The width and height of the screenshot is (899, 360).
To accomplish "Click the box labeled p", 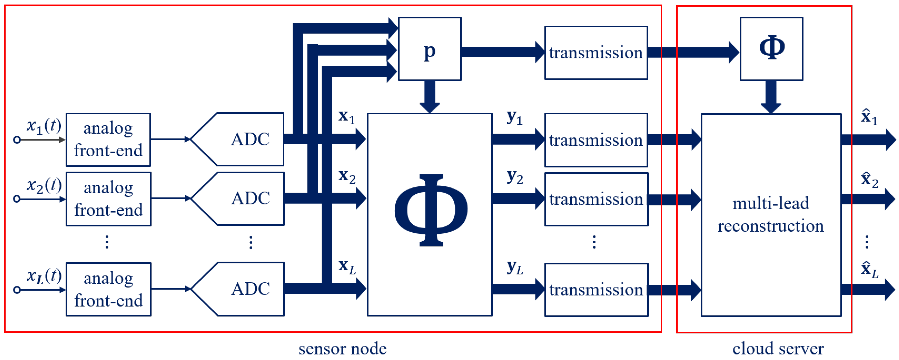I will point(430,49).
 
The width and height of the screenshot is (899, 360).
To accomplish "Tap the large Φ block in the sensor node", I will point(430,214).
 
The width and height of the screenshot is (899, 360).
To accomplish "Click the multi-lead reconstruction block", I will point(771,215).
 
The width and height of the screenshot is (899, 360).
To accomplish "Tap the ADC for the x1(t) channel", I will point(244,139).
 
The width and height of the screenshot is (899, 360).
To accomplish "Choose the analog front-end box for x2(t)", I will point(108,199).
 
